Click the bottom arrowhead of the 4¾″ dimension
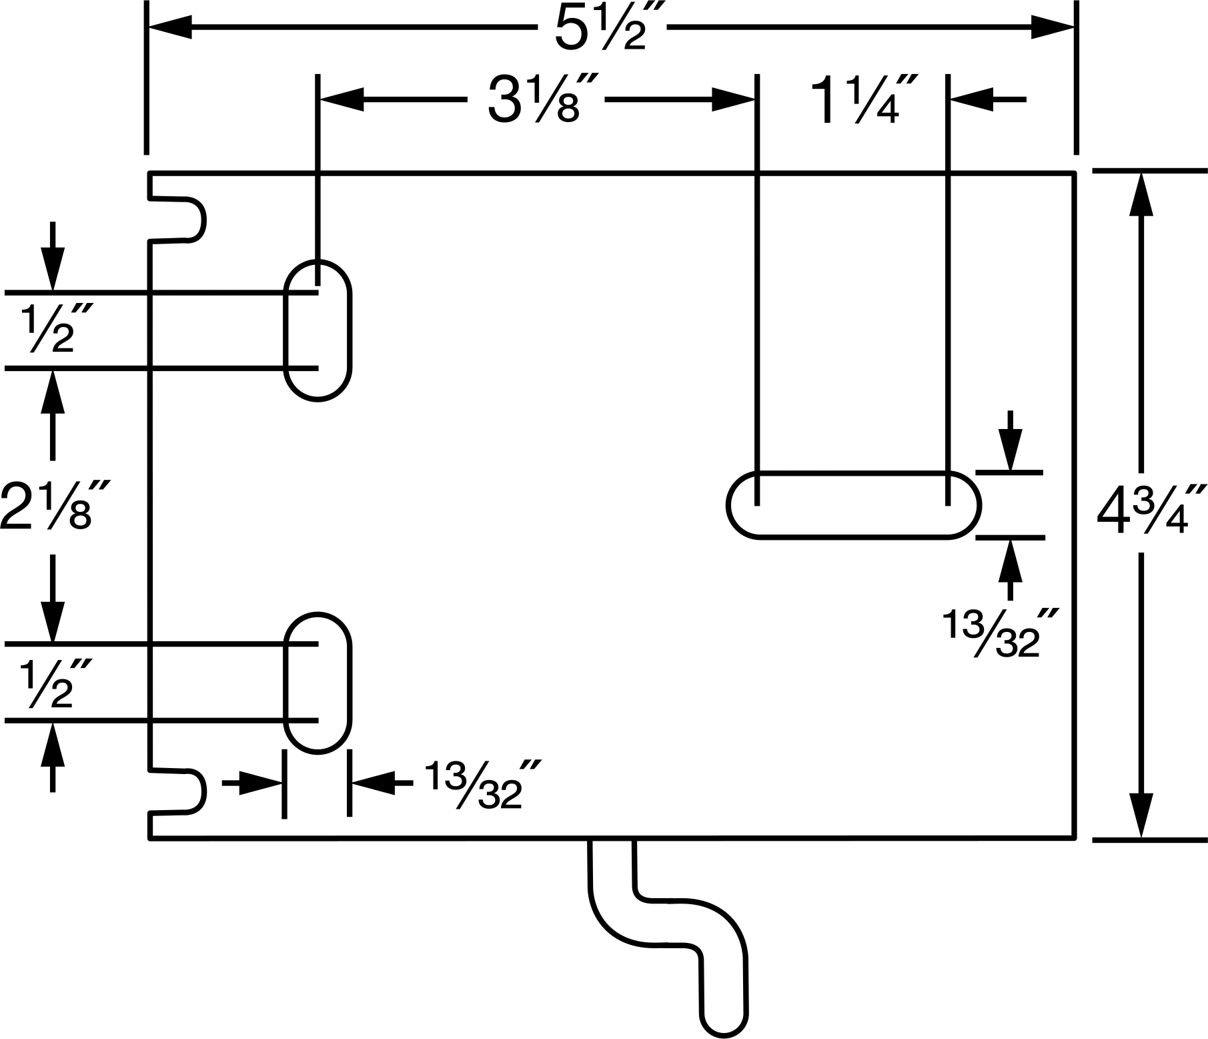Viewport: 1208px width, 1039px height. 1141,815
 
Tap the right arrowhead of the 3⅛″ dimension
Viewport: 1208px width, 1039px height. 733,100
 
